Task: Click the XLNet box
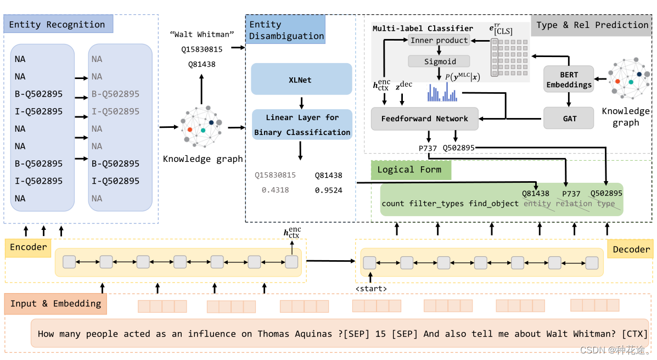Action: click(301, 79)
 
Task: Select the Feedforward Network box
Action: click(424, 119)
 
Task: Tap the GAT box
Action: click(569, 118)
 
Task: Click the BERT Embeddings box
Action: click(569, 79)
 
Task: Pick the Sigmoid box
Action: click(439, 61)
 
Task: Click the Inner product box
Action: click(439, 40)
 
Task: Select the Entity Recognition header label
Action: click(58, 24)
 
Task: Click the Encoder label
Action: click(28, 248)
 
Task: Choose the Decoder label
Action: click(631, 249)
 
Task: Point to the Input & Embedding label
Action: click(56, 304)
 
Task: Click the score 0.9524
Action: click(328, 190)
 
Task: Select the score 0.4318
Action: click(276, 190)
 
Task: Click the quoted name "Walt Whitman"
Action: click(202, 35)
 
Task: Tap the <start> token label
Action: click(371, 289)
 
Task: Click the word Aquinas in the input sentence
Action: click(313, 334)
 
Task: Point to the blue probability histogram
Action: click(442, 92)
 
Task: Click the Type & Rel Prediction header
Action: click(592, 25)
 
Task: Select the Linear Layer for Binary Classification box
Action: click(302, 125)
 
